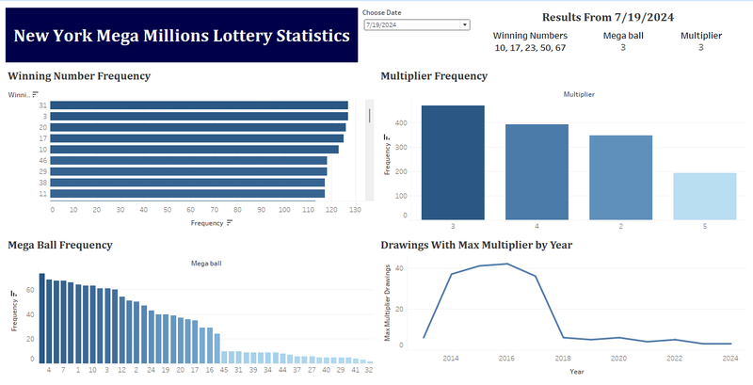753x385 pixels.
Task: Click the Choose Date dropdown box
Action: point(416,24)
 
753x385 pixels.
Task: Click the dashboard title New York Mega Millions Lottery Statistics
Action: point(181,37)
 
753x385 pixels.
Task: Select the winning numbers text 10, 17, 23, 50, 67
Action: point(530,46)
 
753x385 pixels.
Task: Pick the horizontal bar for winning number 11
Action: point(188,194)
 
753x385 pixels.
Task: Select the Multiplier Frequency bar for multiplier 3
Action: point(453,161)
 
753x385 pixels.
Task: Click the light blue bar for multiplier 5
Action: point(704,196)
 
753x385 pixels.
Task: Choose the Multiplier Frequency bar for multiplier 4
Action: point(537,170)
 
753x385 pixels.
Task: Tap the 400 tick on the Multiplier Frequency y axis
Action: point(402,122)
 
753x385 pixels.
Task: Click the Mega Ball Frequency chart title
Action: point(60,245)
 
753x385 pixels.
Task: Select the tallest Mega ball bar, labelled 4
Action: point(41,319)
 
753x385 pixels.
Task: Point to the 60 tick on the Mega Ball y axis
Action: point(30,289)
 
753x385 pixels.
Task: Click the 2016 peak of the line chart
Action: point(507,264)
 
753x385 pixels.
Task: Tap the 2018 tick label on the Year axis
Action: point(563,359)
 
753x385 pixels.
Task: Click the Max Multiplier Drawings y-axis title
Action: point(388,303)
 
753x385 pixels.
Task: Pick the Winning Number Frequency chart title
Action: point(79,75)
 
